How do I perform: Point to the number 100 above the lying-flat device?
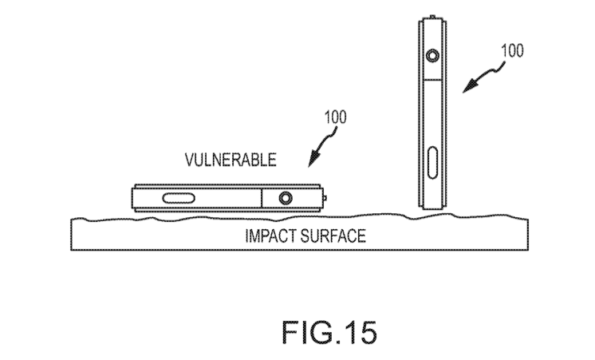pos(336,117)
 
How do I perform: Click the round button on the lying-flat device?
pos(285,197)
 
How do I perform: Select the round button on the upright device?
pos(432,57)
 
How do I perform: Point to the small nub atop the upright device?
pos(432,17)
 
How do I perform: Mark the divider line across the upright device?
pos(432,80)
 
